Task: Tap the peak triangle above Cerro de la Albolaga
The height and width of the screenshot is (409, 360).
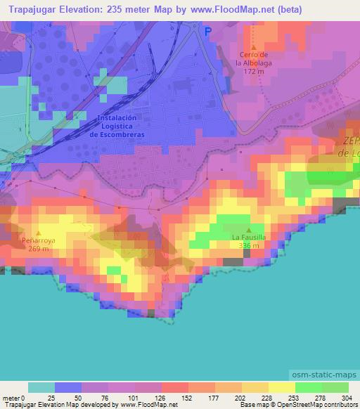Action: coord(252,46)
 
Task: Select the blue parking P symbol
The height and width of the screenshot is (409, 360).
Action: coord(207,32)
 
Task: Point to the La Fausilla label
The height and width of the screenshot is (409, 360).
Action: coord(249,238)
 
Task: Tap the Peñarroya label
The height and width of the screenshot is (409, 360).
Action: coord(38,240)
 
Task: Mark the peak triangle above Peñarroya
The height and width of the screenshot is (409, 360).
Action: coord(38,232)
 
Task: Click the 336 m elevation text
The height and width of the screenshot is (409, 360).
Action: coord(249,246)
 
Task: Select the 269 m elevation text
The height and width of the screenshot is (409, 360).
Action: coord(38,249)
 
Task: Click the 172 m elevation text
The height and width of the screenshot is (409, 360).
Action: coord(252,71)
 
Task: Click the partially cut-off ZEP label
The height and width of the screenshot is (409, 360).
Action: coord(351,141)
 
